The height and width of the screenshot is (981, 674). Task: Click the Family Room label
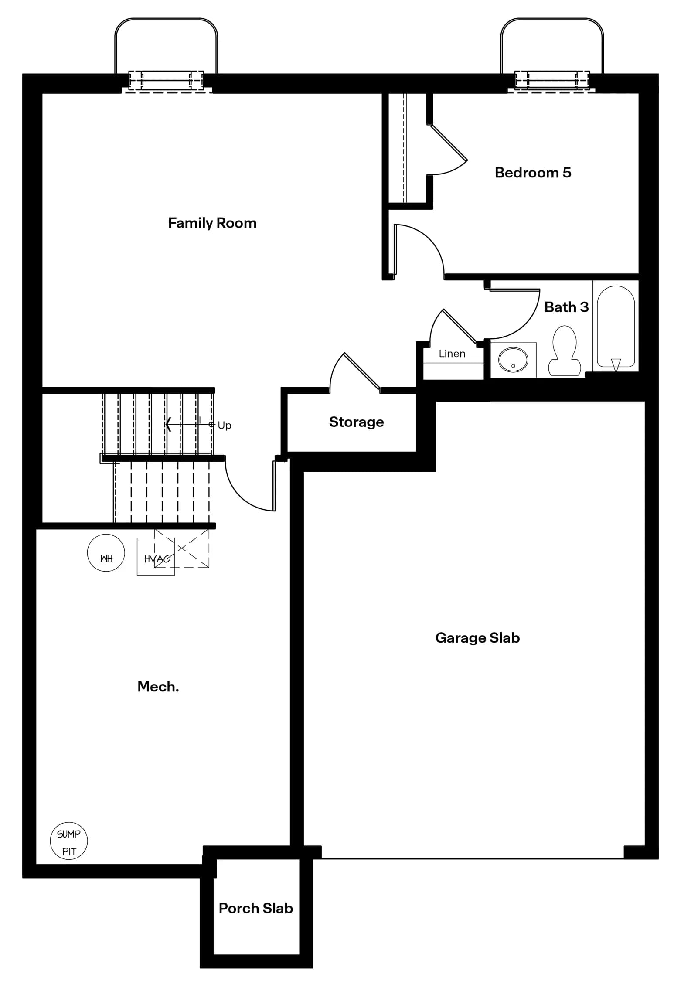[212, 223]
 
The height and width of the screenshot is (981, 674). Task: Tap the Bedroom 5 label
[533, 173]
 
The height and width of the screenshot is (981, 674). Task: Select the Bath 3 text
[566, 307]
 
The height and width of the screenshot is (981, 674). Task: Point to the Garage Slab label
[477, 638]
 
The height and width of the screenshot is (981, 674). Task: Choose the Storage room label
[356, 422]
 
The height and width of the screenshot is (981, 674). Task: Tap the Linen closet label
[452, 354]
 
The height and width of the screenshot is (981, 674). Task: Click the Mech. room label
[158, 687]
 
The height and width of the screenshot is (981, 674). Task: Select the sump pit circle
[69, 841]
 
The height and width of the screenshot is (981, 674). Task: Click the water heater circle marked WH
[106, 553]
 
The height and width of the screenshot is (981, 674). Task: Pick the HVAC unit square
[156, 557]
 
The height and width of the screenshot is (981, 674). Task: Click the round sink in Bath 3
[513, 360]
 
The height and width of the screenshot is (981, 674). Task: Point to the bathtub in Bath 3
[616, 327]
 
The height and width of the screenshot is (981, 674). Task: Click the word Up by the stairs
[225, 425]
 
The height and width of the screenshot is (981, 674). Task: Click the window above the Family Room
[166, 81]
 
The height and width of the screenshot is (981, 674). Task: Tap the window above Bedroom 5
[552, 80]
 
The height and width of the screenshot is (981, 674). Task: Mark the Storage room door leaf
[361, 370]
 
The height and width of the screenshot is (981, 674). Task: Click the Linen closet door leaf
[460, 326]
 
